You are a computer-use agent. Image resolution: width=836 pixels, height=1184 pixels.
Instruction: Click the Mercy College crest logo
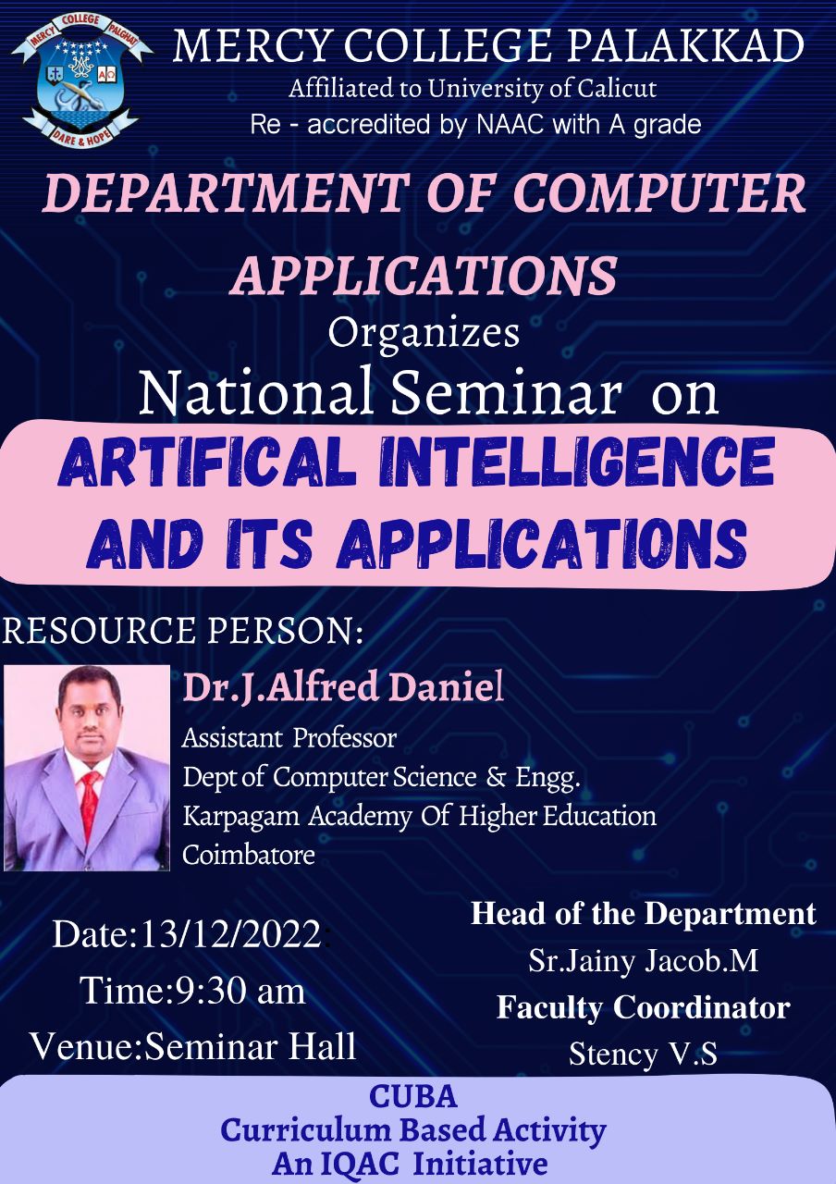point(82,80)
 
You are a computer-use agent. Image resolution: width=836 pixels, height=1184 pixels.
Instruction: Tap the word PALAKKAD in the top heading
point(685,46)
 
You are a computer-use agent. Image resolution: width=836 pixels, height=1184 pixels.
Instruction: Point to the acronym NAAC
point(511,125)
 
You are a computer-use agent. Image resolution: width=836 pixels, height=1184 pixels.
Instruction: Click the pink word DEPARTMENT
point(227,192)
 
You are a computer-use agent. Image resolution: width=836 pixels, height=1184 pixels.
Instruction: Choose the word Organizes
point(424,333)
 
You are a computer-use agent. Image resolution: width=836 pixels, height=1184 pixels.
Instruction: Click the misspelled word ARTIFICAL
point(206,461)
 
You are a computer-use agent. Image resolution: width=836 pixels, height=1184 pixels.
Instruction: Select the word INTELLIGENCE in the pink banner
point(576,461)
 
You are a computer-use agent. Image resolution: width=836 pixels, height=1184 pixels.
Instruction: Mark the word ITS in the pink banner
point(269,543)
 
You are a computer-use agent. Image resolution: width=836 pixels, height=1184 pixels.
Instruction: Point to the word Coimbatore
point(249,854)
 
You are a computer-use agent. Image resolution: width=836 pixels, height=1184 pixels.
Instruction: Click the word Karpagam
point(241,817)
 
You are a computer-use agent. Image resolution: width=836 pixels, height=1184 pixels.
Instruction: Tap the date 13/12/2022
point(231,934)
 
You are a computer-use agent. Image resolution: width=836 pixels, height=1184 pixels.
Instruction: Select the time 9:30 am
point(240,991)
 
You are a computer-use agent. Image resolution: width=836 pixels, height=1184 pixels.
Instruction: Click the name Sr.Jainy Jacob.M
point(643,960)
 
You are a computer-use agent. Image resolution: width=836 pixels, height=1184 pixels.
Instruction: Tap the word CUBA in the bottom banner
point(412,1096)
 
